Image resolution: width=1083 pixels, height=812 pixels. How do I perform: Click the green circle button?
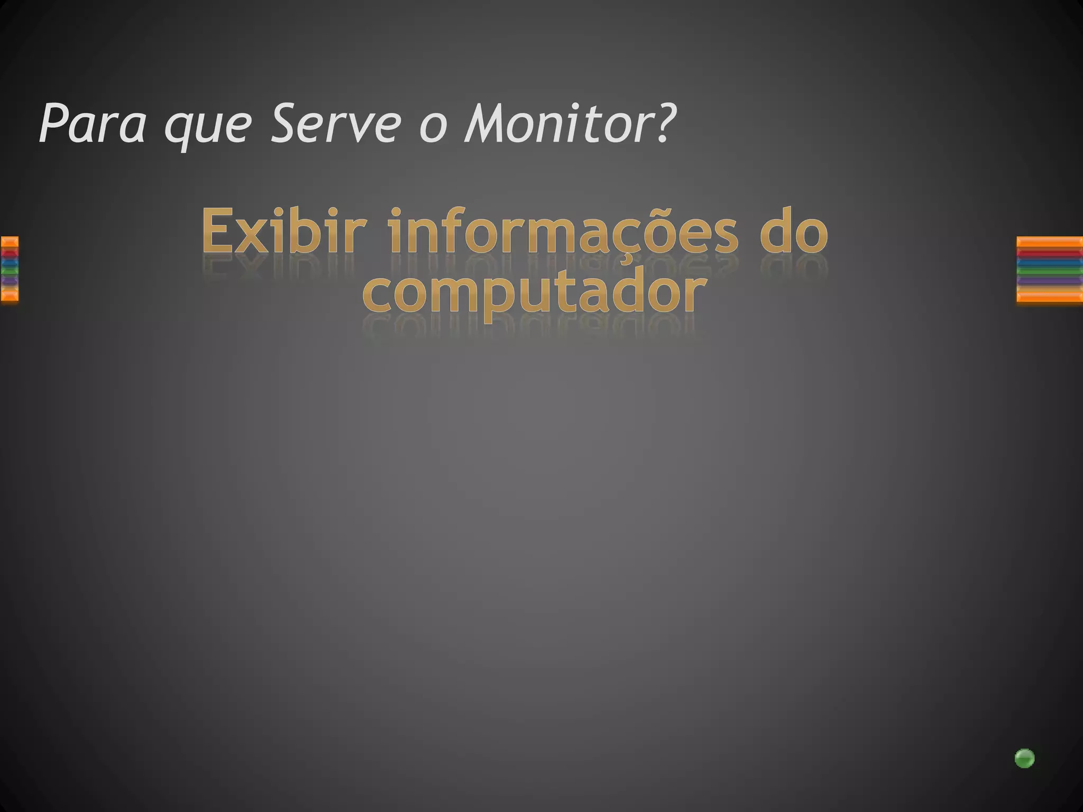point(1024,758)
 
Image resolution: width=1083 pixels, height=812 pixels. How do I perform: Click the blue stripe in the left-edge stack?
point(9,262)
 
